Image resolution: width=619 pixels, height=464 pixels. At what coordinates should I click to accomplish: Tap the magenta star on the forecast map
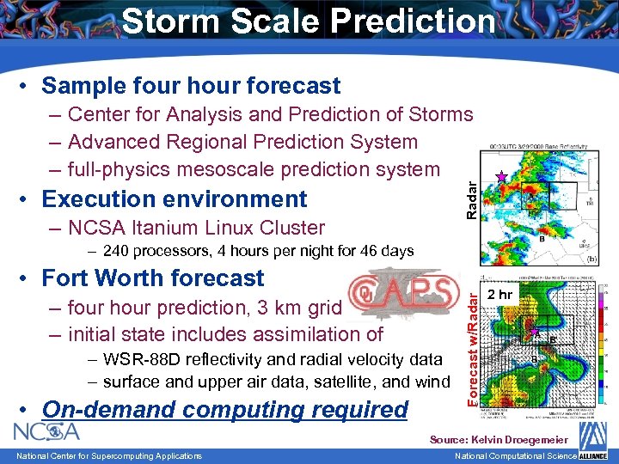[535, 332]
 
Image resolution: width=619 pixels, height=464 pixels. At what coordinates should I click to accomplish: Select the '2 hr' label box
[499, 296]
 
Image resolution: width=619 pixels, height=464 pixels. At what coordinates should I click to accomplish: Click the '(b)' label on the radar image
[592, 258]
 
